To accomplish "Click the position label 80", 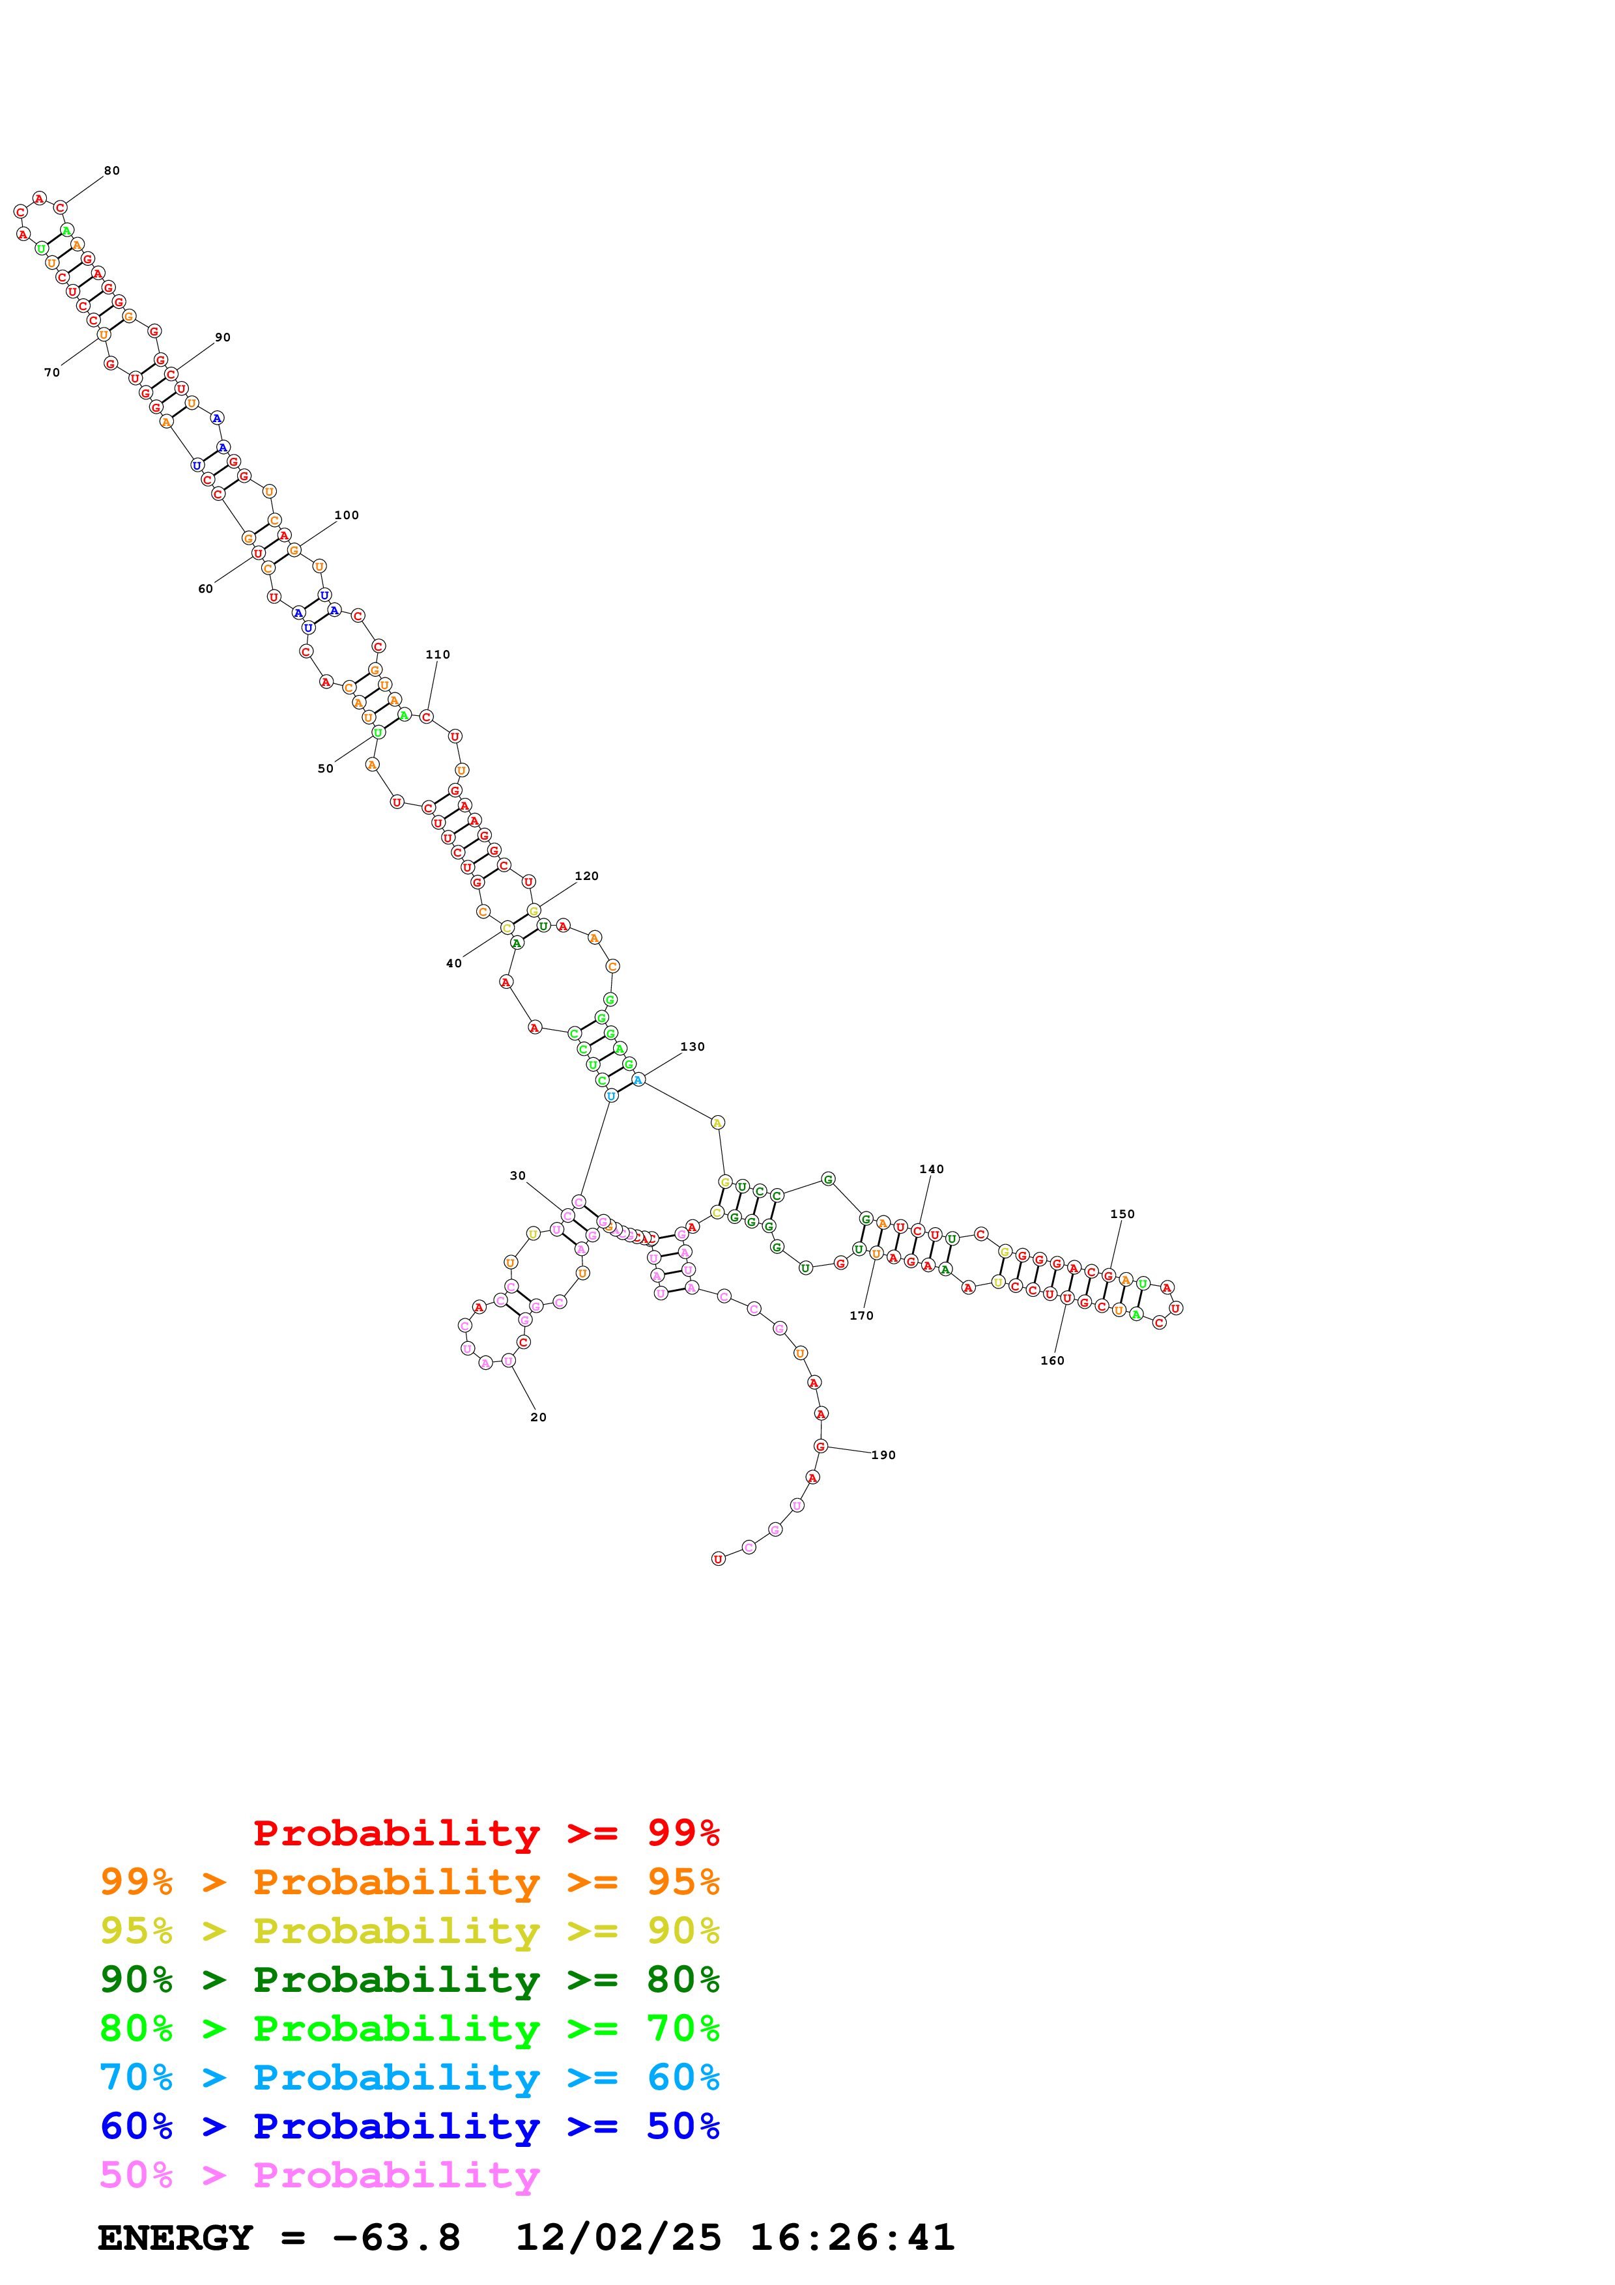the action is point(111,171).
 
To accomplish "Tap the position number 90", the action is point(223,337).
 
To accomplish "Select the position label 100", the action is point(347,515).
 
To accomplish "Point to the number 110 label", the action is point(438,655).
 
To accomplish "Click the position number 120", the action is point(586,877).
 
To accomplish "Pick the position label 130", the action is point(693,1047).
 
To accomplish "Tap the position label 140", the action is point(932,1169).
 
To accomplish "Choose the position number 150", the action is point(1122,1214).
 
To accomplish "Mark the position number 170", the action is point(862,1316).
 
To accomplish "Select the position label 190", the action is point(883,1455).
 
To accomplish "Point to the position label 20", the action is point(538,1417).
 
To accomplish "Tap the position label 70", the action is point(51,373).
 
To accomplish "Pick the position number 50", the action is point(325,769).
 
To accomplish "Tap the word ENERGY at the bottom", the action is point(175,2237).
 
